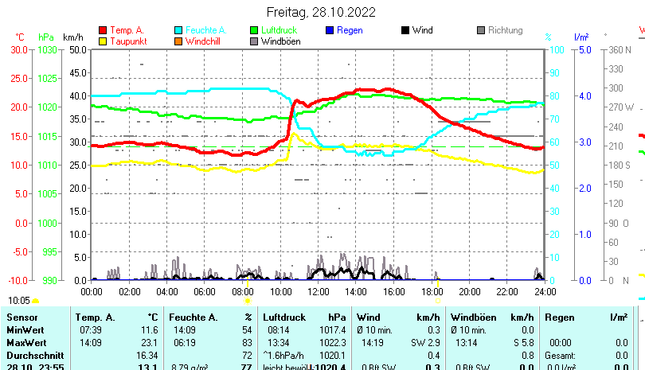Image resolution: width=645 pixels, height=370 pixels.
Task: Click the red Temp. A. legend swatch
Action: [x=103, y=30]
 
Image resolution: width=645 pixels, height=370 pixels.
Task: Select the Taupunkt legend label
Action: [x=127, y=41]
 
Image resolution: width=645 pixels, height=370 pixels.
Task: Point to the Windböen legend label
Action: [x=280, y=41]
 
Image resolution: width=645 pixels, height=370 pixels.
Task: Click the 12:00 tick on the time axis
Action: [x=319, y=291]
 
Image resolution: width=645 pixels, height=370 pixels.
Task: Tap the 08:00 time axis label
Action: [x=243, y=291]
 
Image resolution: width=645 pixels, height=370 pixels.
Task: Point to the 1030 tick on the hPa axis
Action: [x=48, y=49]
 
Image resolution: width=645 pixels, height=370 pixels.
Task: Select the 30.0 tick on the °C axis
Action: [x=19, y=49]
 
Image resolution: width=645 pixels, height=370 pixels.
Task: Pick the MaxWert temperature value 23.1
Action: [x=148, y=342]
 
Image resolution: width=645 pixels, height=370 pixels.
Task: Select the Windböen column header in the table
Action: [x=475, y=317]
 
